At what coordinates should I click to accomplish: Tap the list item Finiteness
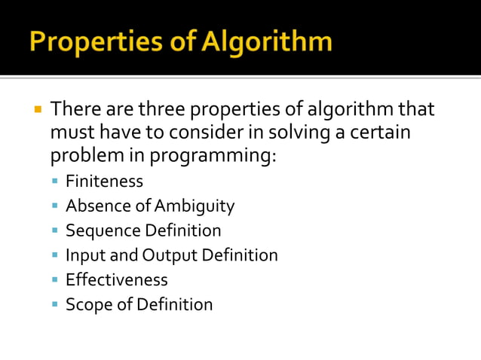[x=104, y=181]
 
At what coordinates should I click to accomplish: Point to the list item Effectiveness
[x=116, y=279]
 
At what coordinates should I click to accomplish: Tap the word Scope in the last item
[x=88, y=304]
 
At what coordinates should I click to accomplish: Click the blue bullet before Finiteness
[x=55, y=182]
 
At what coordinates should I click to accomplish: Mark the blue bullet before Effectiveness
[x=55, y=280]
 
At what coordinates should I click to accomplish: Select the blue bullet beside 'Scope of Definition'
[x=55, y=305]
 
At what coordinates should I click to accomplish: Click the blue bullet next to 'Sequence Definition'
[x=55, y=231]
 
